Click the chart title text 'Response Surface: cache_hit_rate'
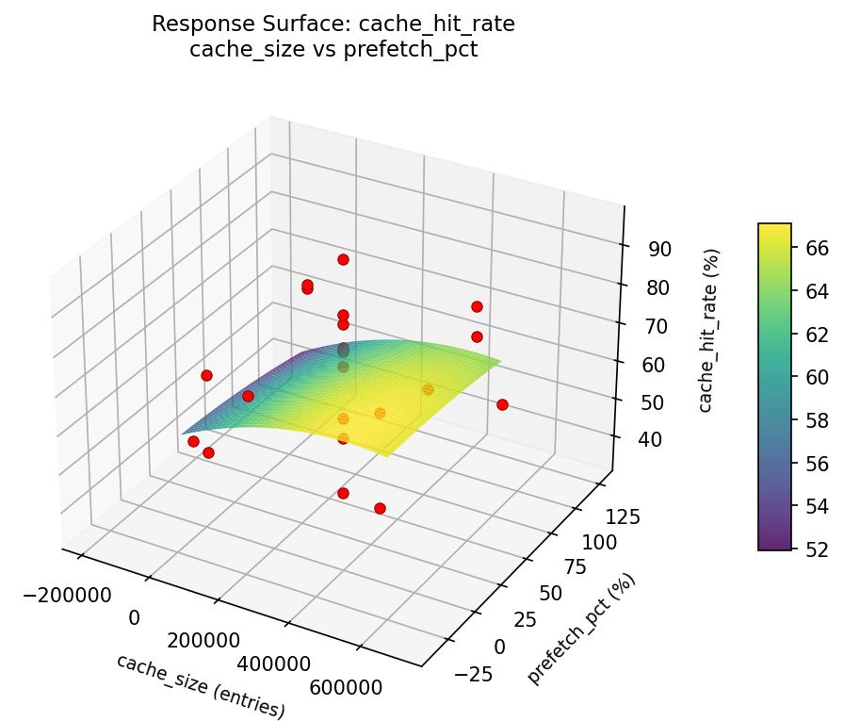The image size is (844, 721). click(333, 25)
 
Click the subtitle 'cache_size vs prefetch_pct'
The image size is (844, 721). click(333, 50)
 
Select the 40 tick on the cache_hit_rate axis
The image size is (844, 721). click(649, 440)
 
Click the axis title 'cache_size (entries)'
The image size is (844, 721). click(200, 685)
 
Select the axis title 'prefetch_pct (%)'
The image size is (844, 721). click(581, 629)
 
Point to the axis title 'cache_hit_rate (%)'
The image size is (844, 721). click(712, 330)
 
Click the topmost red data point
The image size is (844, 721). click(343, 259)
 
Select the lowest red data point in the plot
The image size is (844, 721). click(380, 508)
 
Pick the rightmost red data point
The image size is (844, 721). click(502, 404)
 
